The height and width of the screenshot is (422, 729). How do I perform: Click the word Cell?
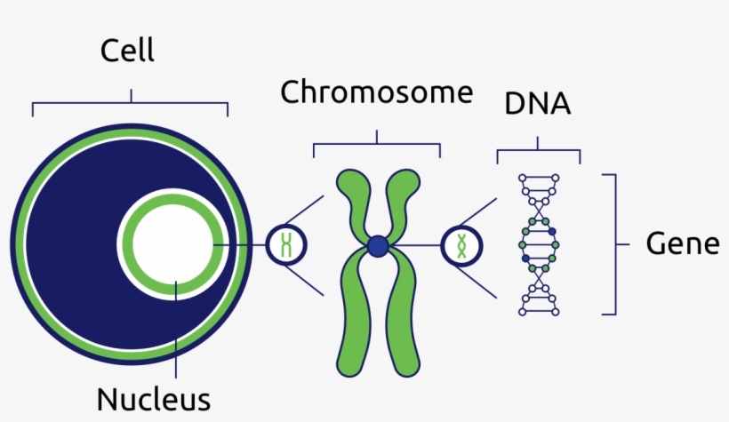coord(128,50)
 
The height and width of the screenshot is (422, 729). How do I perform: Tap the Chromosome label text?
coord(377,92)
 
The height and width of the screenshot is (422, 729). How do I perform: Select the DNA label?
coord(538,104)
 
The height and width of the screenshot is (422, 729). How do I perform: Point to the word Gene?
coord(682,243)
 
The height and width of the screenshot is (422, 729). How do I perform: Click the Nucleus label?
coord(154,398)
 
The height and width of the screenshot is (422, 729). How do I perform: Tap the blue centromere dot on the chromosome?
coord(379,245)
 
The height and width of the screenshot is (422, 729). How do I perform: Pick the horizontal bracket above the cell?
coord(131,105)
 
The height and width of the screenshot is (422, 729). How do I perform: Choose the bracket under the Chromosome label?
coord(377,143)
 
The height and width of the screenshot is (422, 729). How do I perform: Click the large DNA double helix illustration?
coord(541,244)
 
